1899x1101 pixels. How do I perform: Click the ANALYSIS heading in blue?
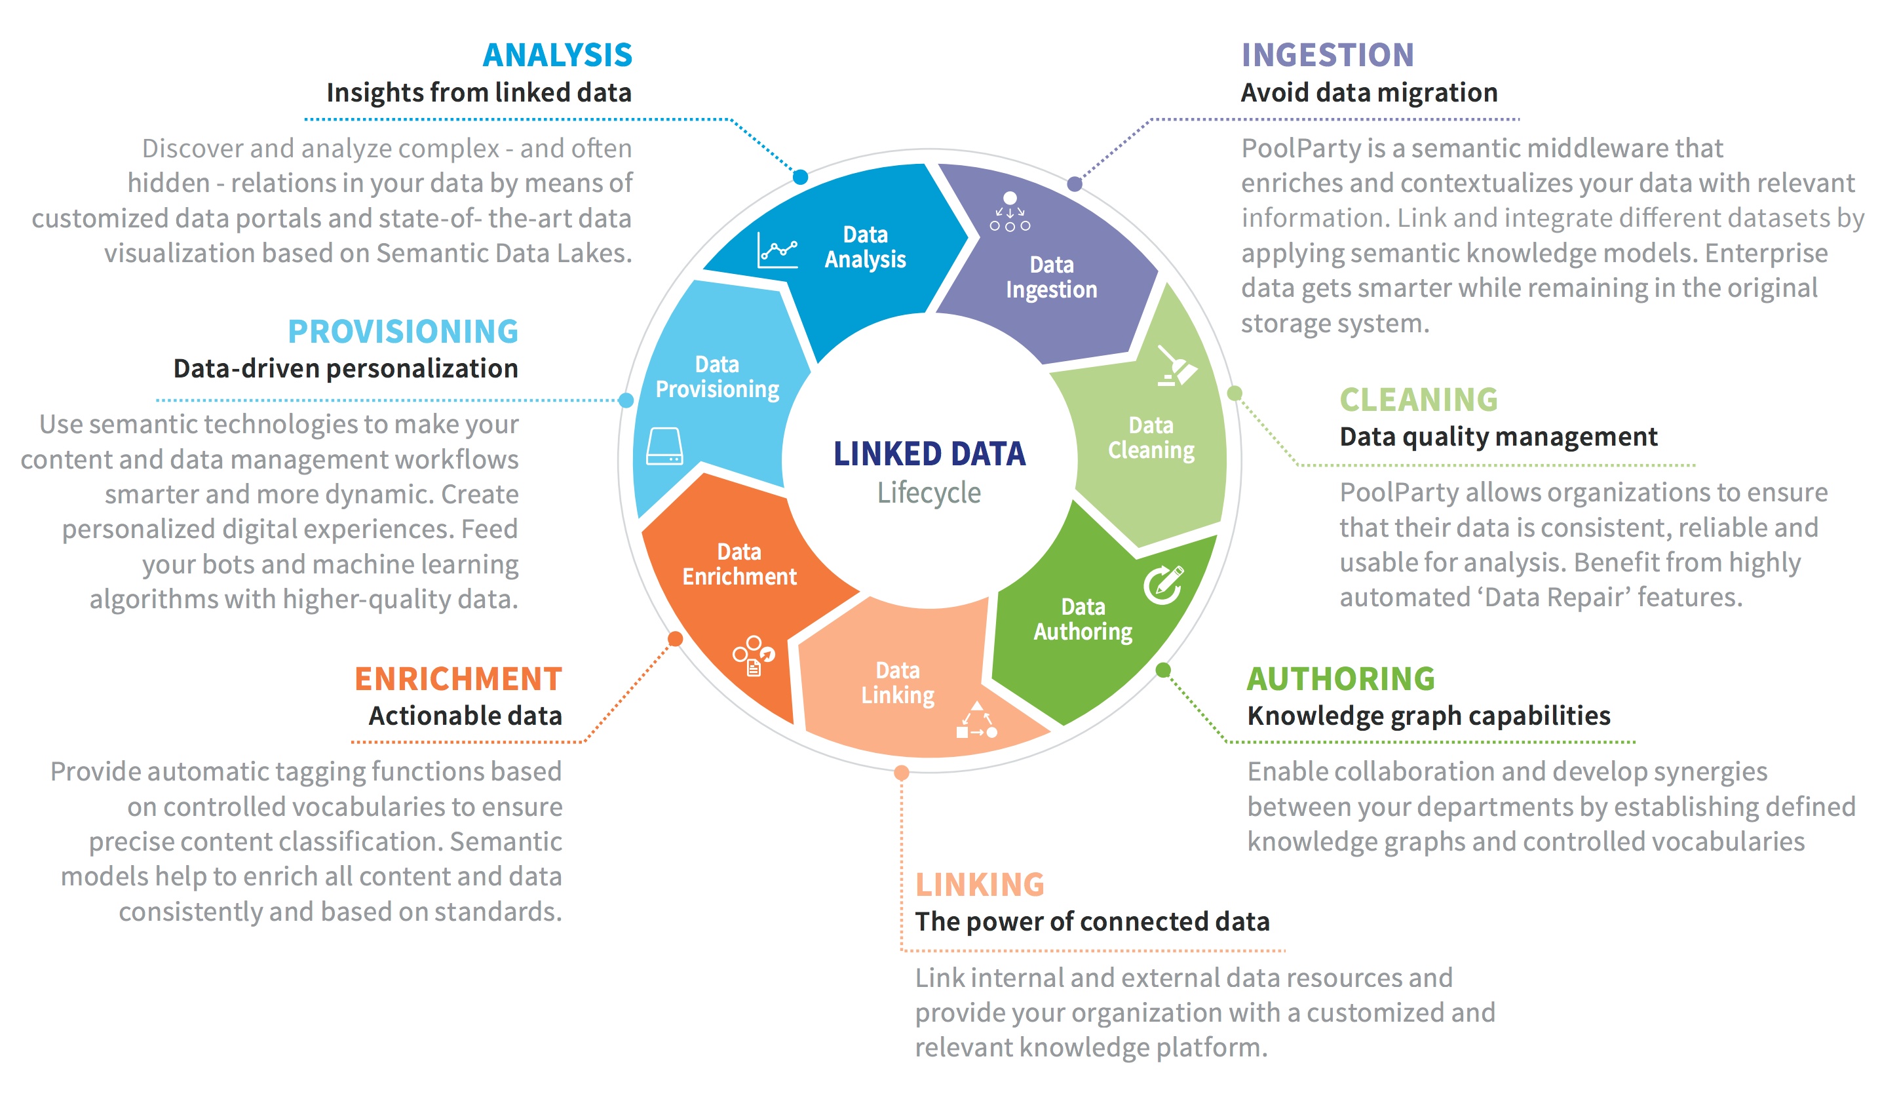pyautogui.click(x=557, y=55)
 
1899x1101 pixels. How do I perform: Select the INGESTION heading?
pyautogui.click(x=1327, y=55)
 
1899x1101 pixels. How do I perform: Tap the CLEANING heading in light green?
pyautogui.click(x=1418, y=399)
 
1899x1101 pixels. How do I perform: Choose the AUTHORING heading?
pyautogui.click(x=1341, y=678)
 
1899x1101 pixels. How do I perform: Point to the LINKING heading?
pyautogui.click(x=980, y=884)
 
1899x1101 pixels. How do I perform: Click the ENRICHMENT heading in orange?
pyautogui.click(x=458, y=678)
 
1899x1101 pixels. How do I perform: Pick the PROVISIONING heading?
pyautogui.click(x=403, y=332)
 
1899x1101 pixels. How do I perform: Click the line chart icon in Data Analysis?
pyautogui.click(x=777, y=250)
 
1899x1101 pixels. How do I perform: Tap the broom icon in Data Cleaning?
pyautogui.click(x=1176, y=366)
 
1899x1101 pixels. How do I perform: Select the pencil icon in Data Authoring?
pyautogui.click(x=1164, y=584)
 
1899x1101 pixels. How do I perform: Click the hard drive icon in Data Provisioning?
pyautogui.click(x=664, y=446)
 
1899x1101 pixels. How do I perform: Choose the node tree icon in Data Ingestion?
pyautogui.click(x=1010, y=211)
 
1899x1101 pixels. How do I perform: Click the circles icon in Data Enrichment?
pyautogui.click(x=754, y=655)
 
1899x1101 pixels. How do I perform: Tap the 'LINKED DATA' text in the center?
pyautogui.click(x=929, y=454)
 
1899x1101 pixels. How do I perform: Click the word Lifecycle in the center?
pyautogui.click(x=929, y=493)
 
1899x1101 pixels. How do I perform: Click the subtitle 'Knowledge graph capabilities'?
pyautogui.click(x=1429, y=716)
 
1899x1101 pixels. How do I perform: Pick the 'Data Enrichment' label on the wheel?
pyautogui.click(x=739, y=564)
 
